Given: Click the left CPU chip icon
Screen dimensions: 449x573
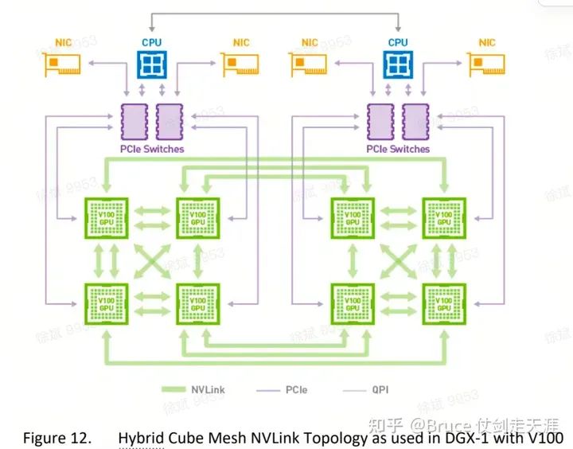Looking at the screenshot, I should pos(154,64).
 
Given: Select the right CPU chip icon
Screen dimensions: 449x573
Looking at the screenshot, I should pos(398,64).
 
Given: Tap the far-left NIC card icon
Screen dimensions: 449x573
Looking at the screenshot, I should pos(60,64).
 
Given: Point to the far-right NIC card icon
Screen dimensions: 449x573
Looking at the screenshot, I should pos(487,64).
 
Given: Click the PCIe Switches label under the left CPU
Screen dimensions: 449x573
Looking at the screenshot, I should pos(153,149).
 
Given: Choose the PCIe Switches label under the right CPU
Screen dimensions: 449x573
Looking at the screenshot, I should pos(397,149).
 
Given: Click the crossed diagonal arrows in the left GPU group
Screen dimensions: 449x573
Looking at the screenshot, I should pos(152,258).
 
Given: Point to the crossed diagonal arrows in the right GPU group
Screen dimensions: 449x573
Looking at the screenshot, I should pos(397,258).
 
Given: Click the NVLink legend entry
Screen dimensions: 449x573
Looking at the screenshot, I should pos(190,390).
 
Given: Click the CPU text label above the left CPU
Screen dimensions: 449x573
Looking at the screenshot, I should pos(154,42).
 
